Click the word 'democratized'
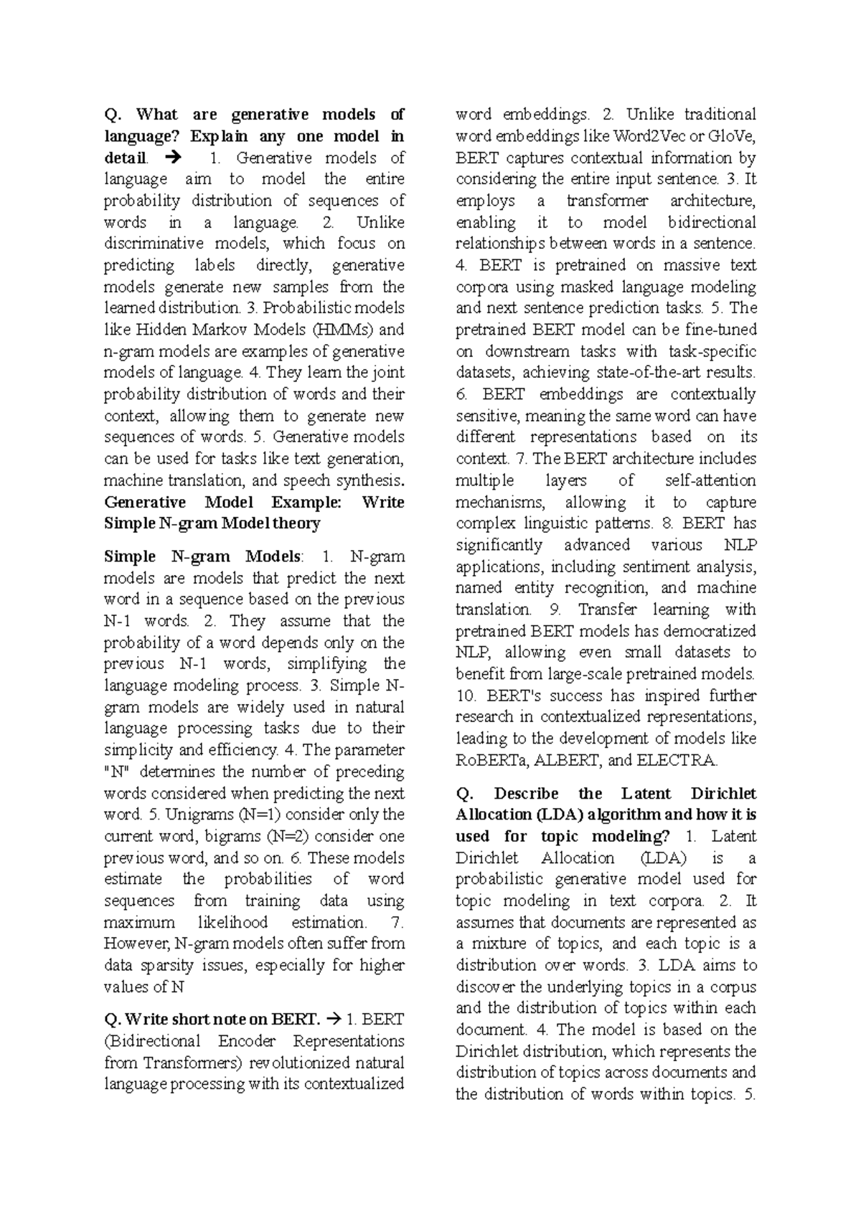pyautogui.click(x=710, y=631)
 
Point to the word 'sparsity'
pyautogui.click(x=167, y=965)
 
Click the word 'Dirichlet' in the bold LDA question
pyautogui.click(x=723, y=793)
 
